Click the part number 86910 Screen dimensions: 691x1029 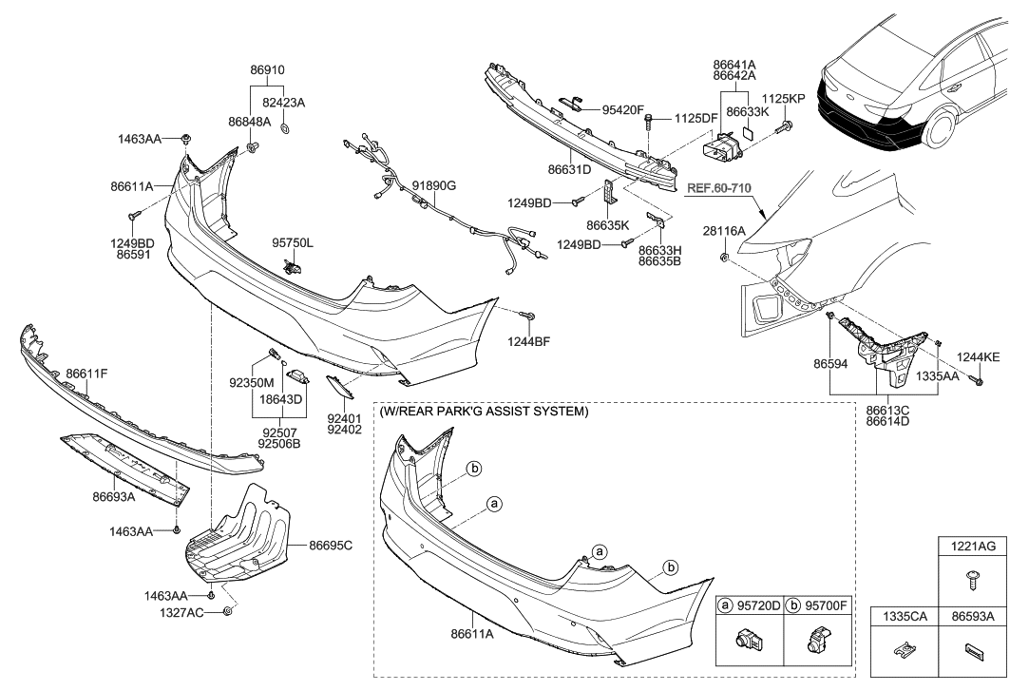click(268, 69)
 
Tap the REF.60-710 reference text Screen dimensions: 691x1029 click(717, 188)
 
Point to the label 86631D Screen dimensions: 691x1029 click(570, 169)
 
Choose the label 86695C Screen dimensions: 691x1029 click(331, 546)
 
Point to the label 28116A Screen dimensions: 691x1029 click(724, 231)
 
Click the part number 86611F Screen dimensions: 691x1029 click(86, 374)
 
